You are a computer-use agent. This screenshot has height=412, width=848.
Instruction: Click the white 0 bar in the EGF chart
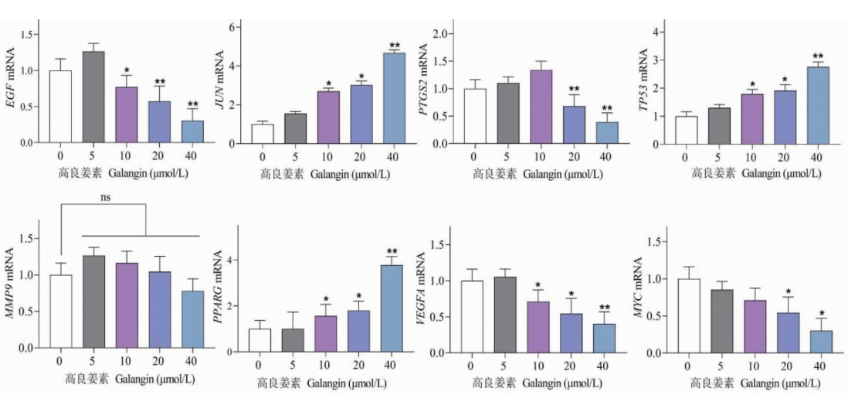[59, 107]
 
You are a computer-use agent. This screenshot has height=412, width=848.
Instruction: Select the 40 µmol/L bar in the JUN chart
[394, 97]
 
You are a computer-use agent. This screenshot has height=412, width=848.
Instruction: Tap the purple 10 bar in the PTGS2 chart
[541, 107]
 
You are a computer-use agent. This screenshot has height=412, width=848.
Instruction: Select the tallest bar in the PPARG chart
[392, 308]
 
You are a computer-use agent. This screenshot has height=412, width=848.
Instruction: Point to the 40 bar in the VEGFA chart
[605, 338]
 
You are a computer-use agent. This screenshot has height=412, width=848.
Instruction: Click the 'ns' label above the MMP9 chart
[106, 198]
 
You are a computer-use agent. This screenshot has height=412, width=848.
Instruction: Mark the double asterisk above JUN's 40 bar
[394, 45]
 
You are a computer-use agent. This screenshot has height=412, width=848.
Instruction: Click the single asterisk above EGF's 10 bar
[126, 70]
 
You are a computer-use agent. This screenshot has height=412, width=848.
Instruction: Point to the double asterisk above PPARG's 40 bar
[392, 252]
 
